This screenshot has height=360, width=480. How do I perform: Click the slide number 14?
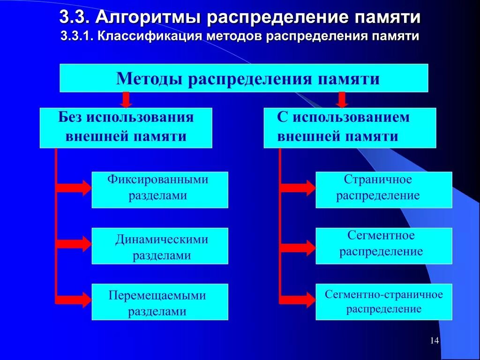434,341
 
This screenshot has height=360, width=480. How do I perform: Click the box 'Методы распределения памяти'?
244,78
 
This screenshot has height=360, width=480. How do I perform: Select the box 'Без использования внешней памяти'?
126,127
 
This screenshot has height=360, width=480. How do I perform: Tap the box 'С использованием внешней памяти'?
350,127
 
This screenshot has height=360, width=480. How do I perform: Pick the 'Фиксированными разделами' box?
160,189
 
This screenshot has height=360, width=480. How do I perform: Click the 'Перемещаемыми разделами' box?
160,302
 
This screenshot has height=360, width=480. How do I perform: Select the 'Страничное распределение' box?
383,189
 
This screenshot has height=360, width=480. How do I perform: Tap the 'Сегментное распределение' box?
383,246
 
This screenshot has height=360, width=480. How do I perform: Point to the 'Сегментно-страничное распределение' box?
383,302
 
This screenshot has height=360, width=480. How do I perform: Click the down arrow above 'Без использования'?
126,99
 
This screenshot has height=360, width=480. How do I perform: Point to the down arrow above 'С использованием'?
342,99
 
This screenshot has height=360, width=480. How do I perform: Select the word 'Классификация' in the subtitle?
149,37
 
